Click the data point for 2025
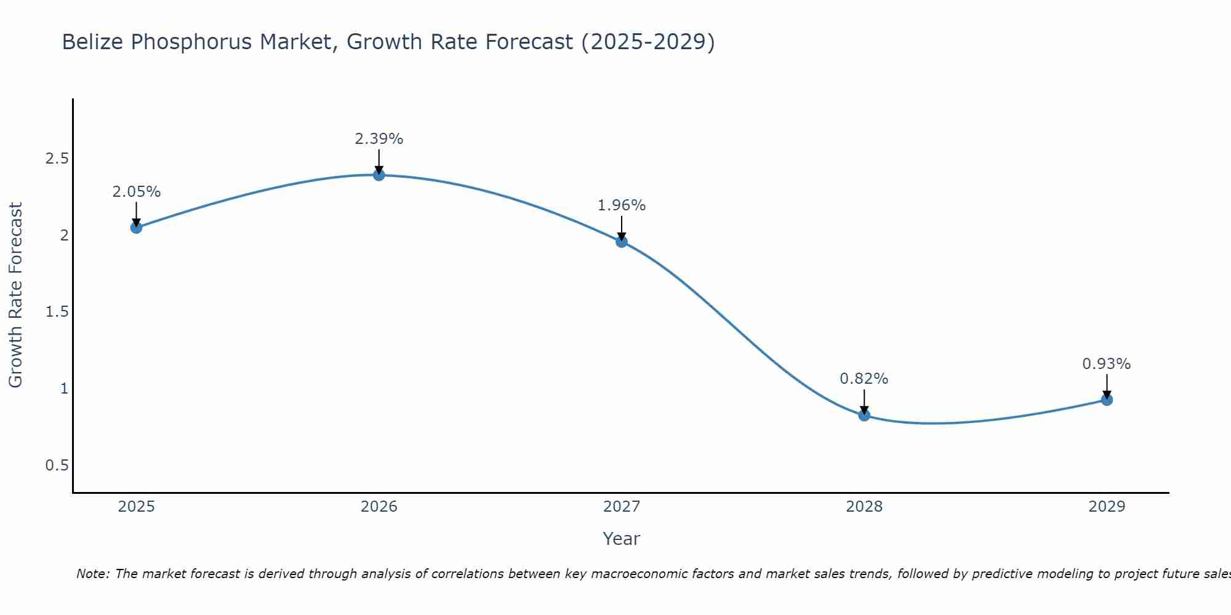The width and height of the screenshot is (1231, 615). pyautogui.click(x=136, y=228)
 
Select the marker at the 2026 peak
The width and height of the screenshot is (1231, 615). pyautogui.click(x=379, y=175)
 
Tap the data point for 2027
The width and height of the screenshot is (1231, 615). pyautogui.click(x=622, y=242)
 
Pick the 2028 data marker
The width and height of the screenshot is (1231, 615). pyautogui.click(x=864, y=415)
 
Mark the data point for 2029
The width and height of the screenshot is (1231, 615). pyautogui.click(x=1107, y=400)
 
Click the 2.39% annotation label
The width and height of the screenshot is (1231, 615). pyautogui.click(x=379, y=139)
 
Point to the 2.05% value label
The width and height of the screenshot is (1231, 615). pyautogui.click(x=136, y=192)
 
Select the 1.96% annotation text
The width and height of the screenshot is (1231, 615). pyautogui.click(x=622, y=205)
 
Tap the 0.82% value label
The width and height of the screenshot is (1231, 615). pyautogui.click(x=864, y=379)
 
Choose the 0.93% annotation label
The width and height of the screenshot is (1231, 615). pyautogui.click(x=1107, y=364)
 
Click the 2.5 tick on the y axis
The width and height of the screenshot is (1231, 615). pyautogui.click(x=57, y=159)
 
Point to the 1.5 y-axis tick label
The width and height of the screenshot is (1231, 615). pyautogui.click(x=57, y=312)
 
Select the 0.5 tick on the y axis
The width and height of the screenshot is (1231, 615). pyautogui.click(x=57, y=465)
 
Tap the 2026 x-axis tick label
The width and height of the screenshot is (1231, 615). pyautogui.click(x=379, y=507)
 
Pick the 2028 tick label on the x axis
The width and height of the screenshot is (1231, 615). pyautogui.click(x=864, y=507)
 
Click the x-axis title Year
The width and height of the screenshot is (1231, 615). pyautogui.click(x=622, y=539)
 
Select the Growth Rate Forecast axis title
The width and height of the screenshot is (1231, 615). pyautogui.click(x=16, y=295)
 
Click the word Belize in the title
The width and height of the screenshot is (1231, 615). pyautogui.click(x=94, y=42)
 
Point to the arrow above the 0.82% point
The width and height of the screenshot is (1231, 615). pyautogui.click(x=864, y=402)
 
